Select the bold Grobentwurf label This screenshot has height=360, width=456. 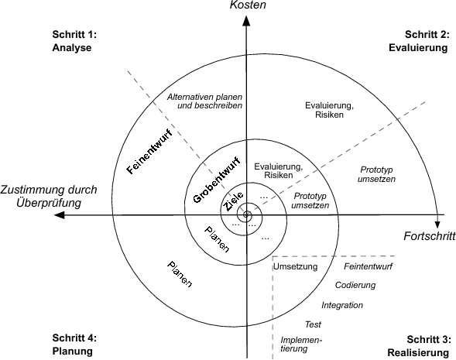pyautogui.click(x=204, y=180)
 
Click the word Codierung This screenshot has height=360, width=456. pyautogui.click(x=355, y=285)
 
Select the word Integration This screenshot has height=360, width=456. pyautogui.click(x=341, y=305)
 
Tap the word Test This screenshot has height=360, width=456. pyautogui.click(x=313, y=324)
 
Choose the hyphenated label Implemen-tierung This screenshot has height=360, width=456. pyautogui.click(x=301, y=344)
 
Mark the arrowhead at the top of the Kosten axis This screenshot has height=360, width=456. pyautogui.click(x=246, y=23)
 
